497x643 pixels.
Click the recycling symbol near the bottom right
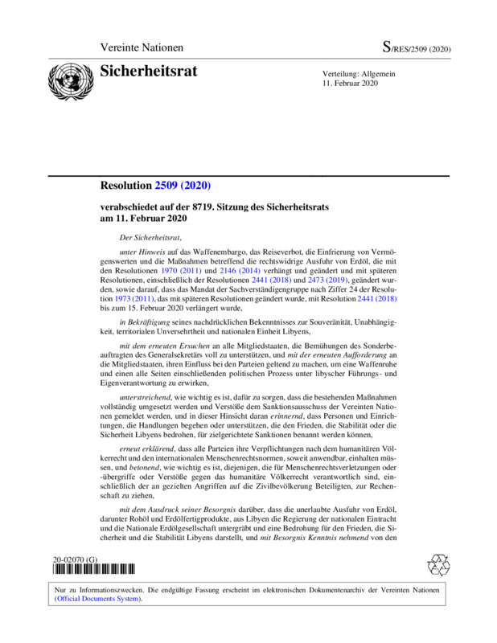(437, 563)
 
